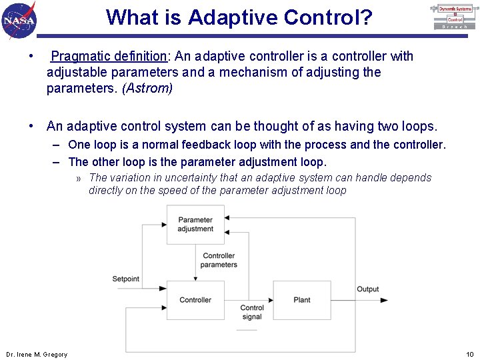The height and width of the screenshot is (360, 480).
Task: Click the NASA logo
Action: pyautogui.click(x=19, y=19)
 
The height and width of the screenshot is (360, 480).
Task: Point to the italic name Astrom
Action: pyautogui.click(x=147, y=89)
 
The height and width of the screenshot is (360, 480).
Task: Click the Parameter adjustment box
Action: pyautogui.click(x=195, y=225)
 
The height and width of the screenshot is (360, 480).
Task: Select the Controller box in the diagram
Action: pyautogui.click(x=195, y=300)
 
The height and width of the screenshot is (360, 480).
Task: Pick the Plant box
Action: pyautogui.click(x=301, y=300)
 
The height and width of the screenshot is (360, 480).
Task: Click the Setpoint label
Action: pyautogui.click(x=126, y=279)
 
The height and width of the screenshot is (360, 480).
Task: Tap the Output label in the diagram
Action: pyautogui.click(x=367, y=289)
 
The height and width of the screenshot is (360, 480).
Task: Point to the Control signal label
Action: pyautogui.click(x=252, y=312)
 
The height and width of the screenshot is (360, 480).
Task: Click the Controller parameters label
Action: pyautogui.click(x=219, y=260)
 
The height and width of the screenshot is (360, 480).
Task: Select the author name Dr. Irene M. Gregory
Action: pyautogui.click(x=37, y=354)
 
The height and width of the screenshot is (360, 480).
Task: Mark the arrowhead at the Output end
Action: pyautogui.click(x=384, y=300)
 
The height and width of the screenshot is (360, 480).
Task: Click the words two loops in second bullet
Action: pyautogui.click(x=407, y=126)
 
